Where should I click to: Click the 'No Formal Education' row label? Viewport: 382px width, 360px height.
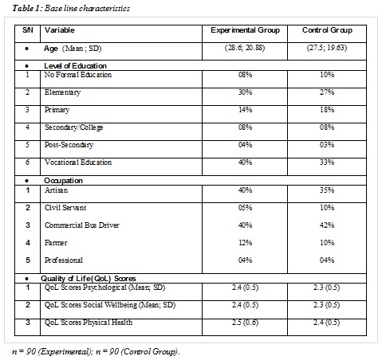(x=78, y=75)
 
